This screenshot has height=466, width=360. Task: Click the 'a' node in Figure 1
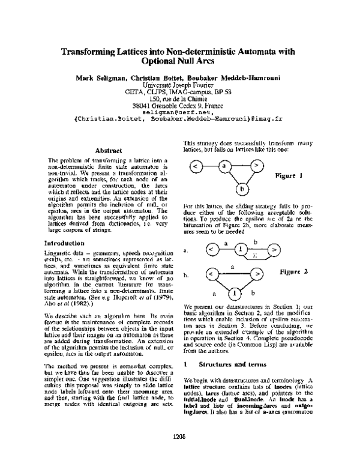click(x=223, y=164)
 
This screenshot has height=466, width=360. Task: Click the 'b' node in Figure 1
click(x=241, y=190)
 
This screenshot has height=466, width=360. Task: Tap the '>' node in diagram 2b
click(x=257, y=274)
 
